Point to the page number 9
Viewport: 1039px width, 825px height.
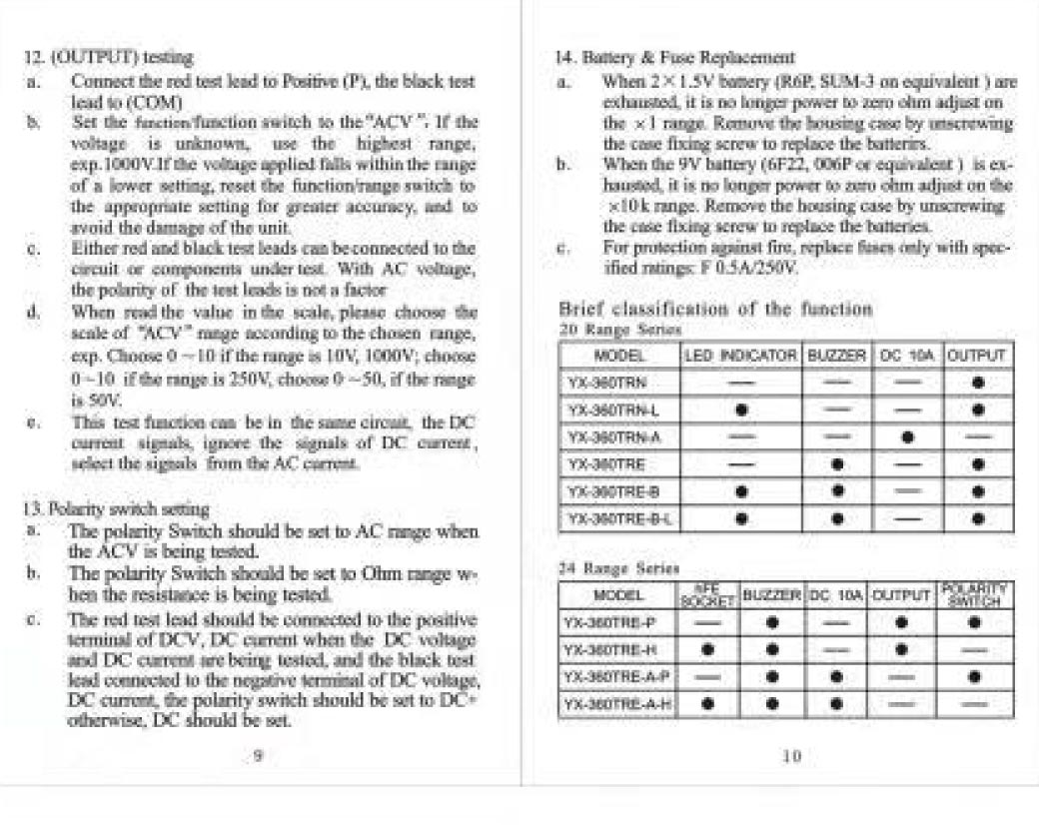(x=259, y=756)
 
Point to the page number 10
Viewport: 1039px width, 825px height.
(x=791, y=756)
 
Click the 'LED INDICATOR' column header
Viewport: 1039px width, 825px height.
(x=739, y=355)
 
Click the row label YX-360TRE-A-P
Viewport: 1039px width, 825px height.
(x=611, y=676)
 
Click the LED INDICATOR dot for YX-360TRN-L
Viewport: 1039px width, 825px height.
(x=740, y=410)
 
